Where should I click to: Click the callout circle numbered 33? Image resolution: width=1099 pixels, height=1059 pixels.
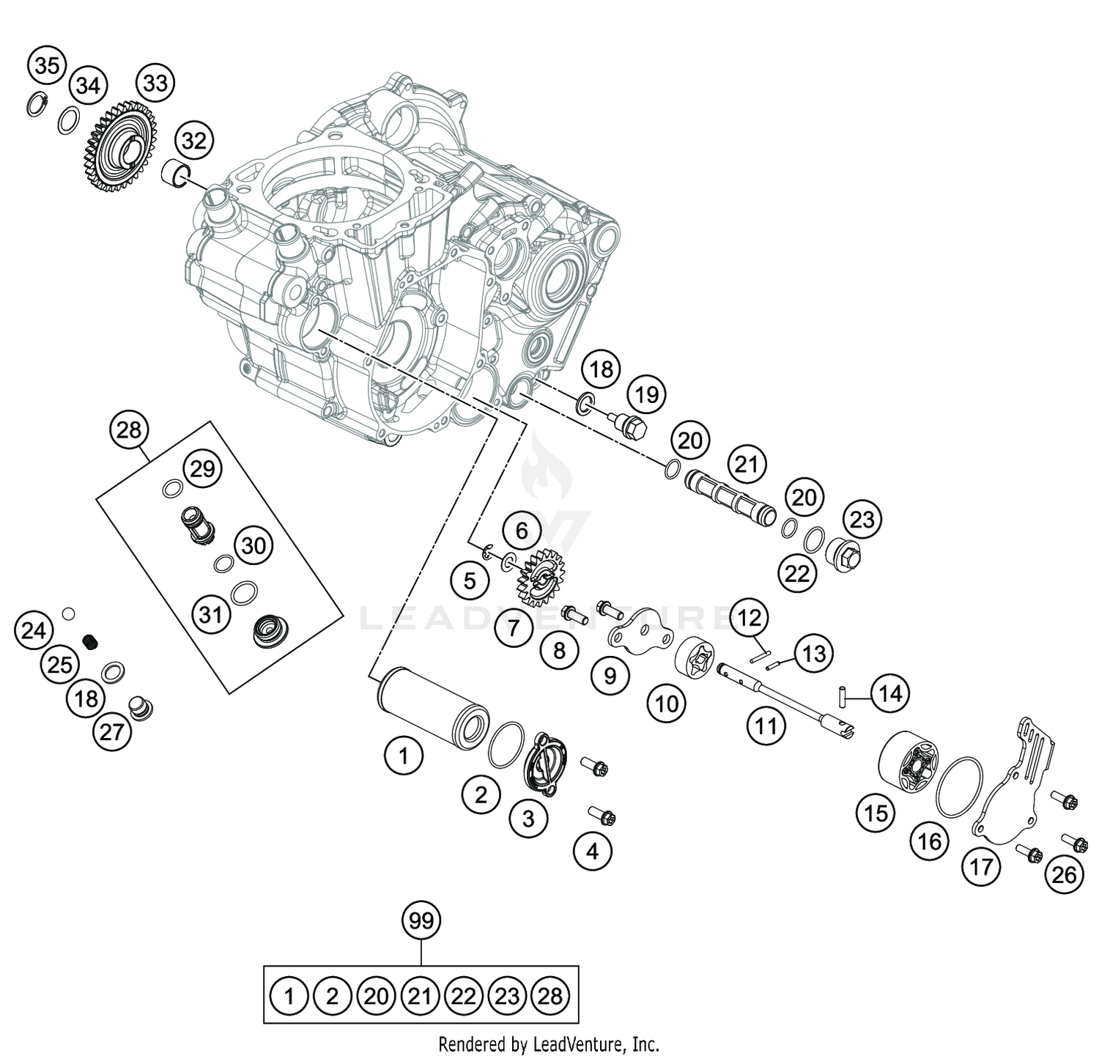click(155, 83)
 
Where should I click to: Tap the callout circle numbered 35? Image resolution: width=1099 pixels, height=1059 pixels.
click(47, 66)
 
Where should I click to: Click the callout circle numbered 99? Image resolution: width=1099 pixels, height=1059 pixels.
click(421, 920)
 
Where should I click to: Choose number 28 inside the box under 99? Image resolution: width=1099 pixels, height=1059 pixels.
click(549, 995)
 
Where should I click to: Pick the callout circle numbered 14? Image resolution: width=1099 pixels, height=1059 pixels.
click(889, 693)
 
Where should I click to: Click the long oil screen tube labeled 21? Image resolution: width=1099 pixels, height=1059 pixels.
click(730, 499)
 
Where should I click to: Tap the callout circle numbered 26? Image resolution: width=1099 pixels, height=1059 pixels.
click(1064, 874)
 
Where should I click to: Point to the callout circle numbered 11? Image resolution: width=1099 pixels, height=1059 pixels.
click(766, 726)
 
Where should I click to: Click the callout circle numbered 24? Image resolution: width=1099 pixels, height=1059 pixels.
click(34, 630)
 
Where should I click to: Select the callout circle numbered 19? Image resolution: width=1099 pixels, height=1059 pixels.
click(646, 395)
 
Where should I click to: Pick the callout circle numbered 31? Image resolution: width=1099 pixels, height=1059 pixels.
click(210, 614)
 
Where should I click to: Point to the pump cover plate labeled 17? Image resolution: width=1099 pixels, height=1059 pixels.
click(1015, 792)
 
